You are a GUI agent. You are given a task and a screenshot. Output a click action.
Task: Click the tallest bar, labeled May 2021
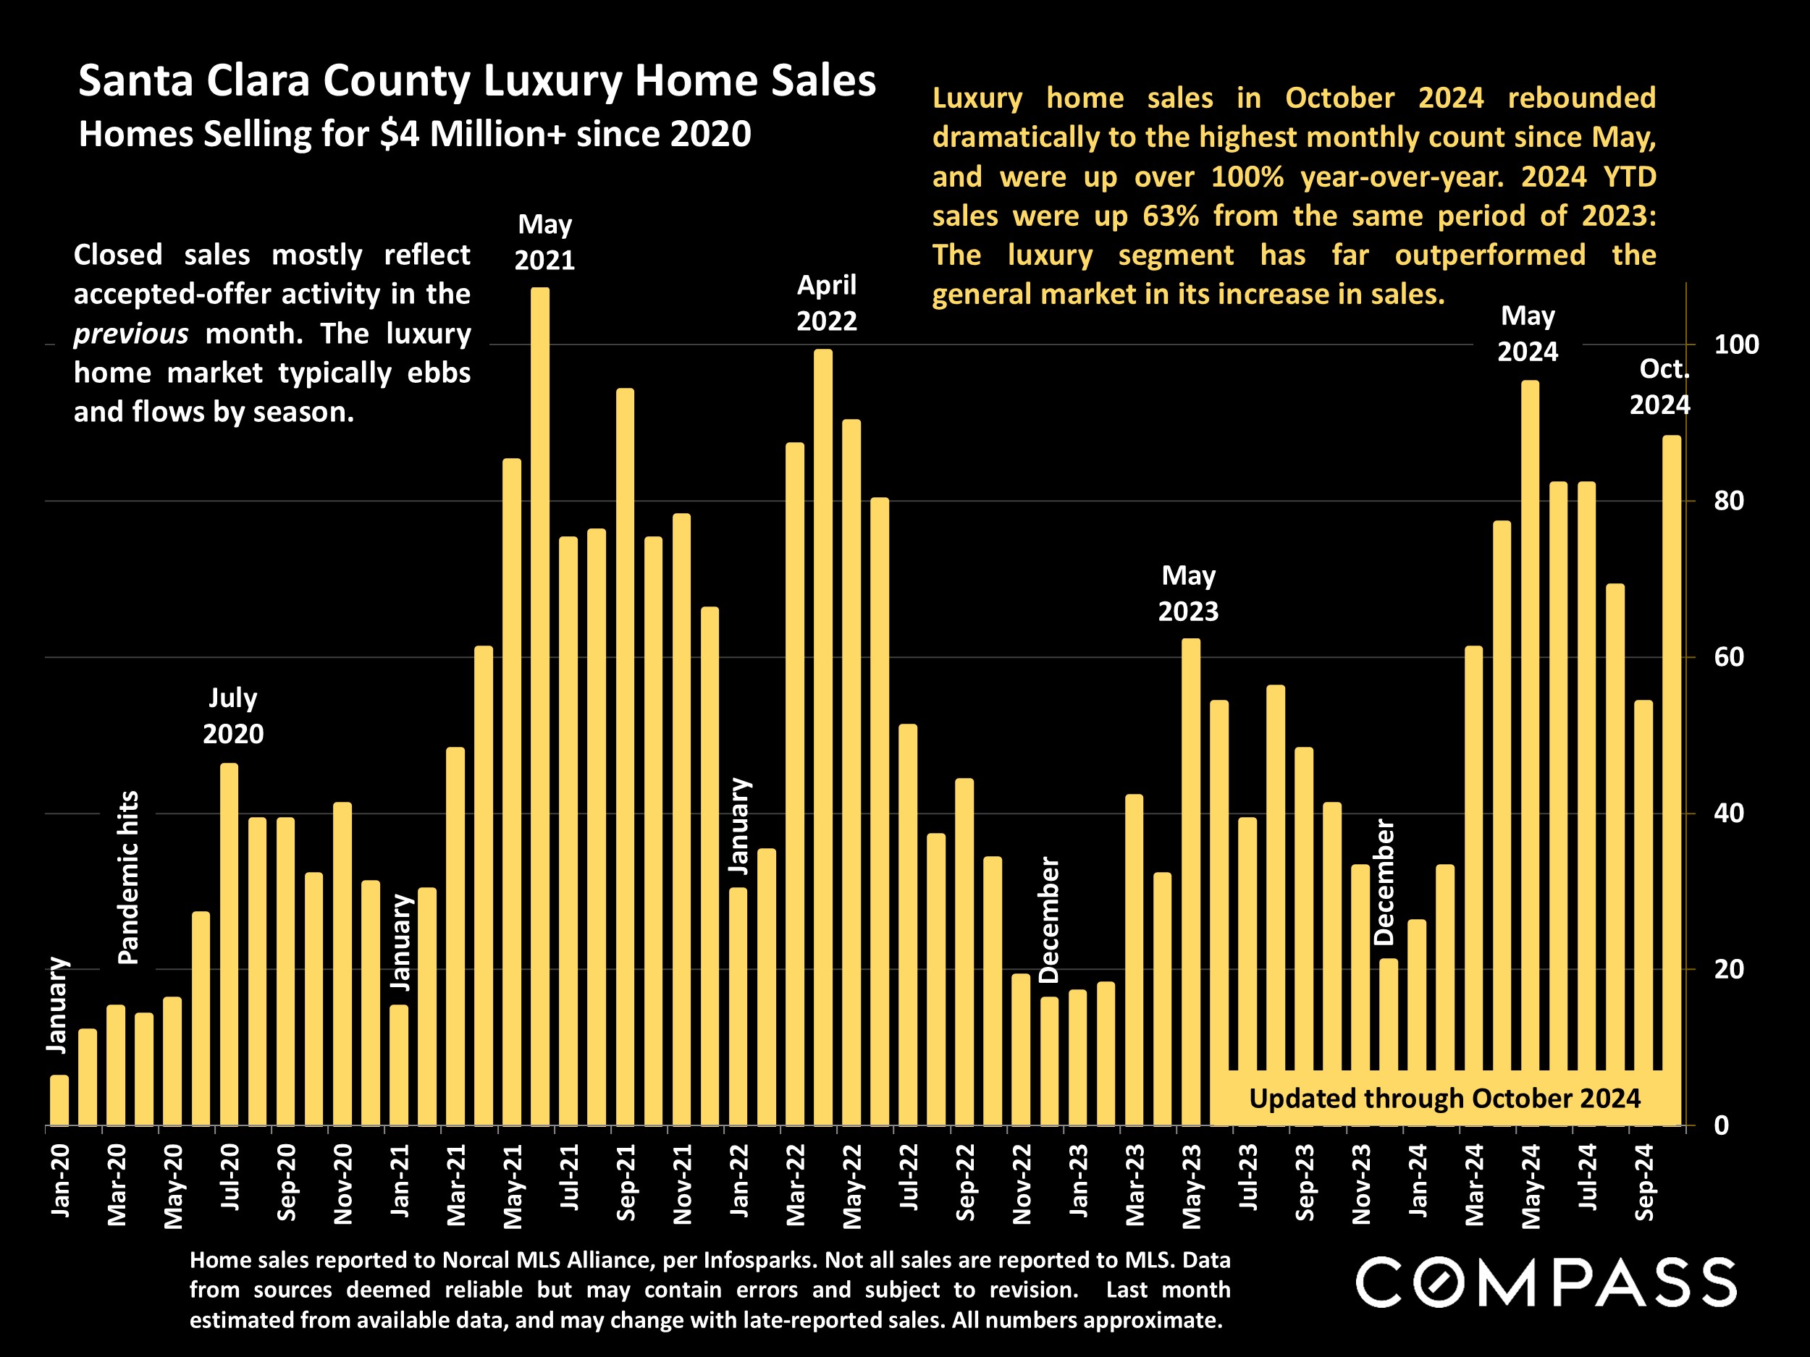pyautogui.click(x=540, y=703)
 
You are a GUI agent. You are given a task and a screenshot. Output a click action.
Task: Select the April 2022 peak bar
pyautogui.click(x=823, y=736)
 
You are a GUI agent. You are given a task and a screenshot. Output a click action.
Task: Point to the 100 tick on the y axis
pyautogui.click(x=1736, y=345)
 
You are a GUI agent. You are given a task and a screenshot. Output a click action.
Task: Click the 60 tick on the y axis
pyautogui.click(x=1729, y=658)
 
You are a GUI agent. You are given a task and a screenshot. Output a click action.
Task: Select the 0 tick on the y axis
pyautogui.click(x=1722, y=1126)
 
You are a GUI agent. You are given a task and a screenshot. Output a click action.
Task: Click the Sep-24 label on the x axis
pyautogui.click(x=1644, y=1181)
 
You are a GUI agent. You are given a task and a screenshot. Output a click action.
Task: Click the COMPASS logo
pyautogui.click(x=1546, y=1282)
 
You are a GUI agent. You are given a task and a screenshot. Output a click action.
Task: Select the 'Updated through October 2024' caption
pyautogui.click(x=1444, y=1099)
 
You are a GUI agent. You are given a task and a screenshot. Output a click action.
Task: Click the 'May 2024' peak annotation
pyautogui.click(x=1528, y=334)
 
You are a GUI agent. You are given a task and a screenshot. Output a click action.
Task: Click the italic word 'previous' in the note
pyautogui.click(x=131, y=334)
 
